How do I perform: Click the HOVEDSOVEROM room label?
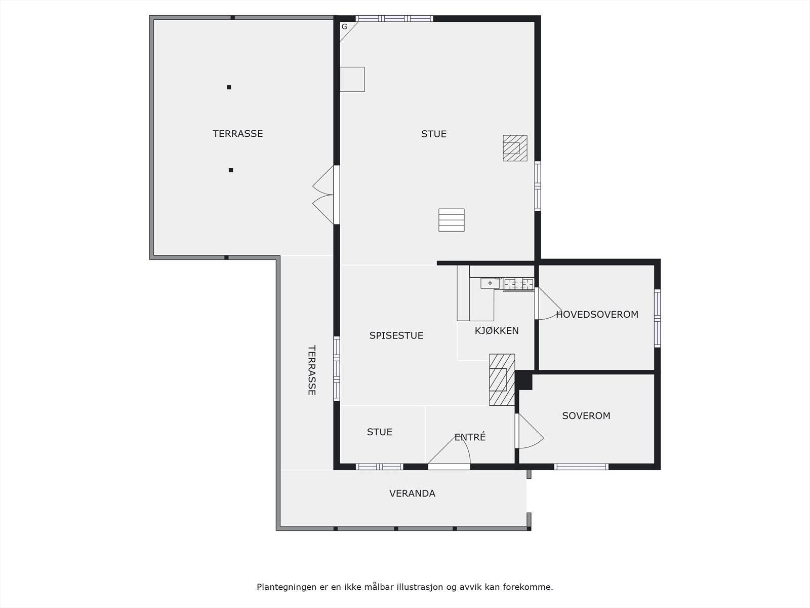(597, 314)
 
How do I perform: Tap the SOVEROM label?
(586, 415)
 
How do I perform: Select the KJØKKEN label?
(496, 331)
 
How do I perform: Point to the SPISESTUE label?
(396, 335)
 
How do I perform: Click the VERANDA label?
(412, 493)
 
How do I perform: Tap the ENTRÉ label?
(470, 437)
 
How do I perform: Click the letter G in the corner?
(344, 26)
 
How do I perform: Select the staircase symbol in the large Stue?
(451, 220)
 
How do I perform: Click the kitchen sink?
(490, 283)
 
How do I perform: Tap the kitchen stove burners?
(518, 284)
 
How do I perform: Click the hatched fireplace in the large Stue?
(514, 148)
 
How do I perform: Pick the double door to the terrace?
(324, 195)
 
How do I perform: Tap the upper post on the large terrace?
(229, 87)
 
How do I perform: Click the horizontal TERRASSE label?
(237, 134)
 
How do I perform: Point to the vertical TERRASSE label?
(311, 370)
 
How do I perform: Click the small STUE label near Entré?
(379, 432)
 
